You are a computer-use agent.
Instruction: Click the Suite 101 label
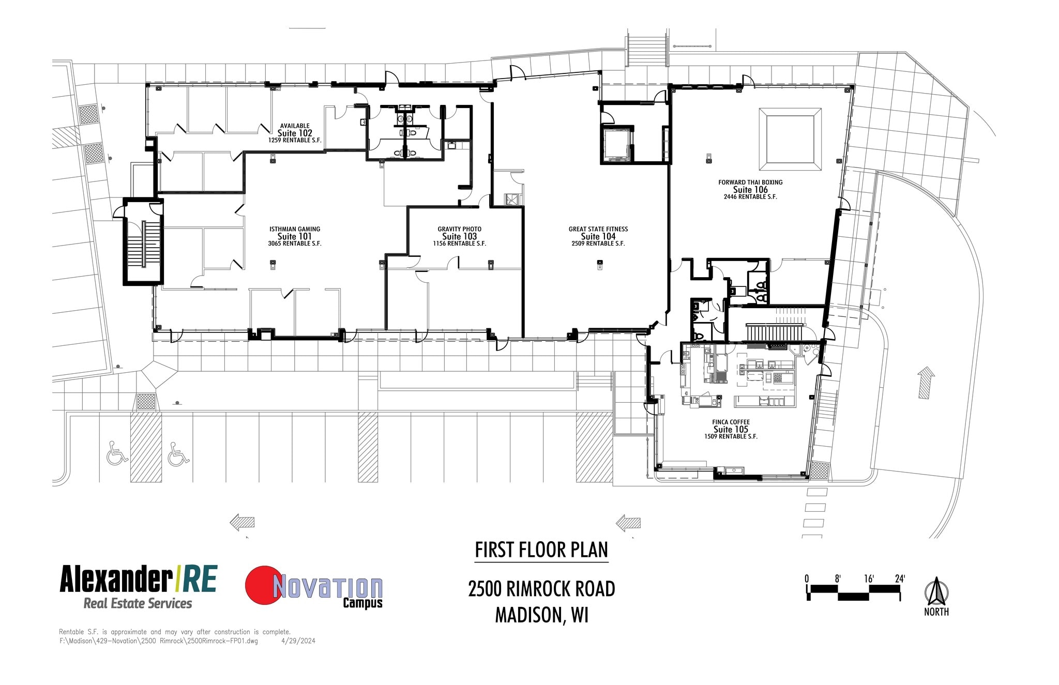294,236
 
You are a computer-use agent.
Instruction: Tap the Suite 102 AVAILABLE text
295,126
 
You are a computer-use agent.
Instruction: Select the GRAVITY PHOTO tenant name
459,229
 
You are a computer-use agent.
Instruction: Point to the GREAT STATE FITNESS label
598,229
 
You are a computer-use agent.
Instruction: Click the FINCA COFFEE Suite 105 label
731,429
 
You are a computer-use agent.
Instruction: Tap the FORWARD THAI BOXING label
750,182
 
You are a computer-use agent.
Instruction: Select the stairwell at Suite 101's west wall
143,242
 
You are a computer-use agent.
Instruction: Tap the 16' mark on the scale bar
869,579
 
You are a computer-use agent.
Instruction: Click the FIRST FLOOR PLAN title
541,550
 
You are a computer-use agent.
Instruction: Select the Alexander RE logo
138,586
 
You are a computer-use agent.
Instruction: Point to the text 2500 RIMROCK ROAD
541,589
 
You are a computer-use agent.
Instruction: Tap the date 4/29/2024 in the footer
298,641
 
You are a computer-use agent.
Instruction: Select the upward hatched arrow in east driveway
926,383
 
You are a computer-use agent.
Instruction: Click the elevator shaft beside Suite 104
616,144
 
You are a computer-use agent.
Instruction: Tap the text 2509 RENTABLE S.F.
598,243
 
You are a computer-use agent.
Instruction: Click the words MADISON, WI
541,615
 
